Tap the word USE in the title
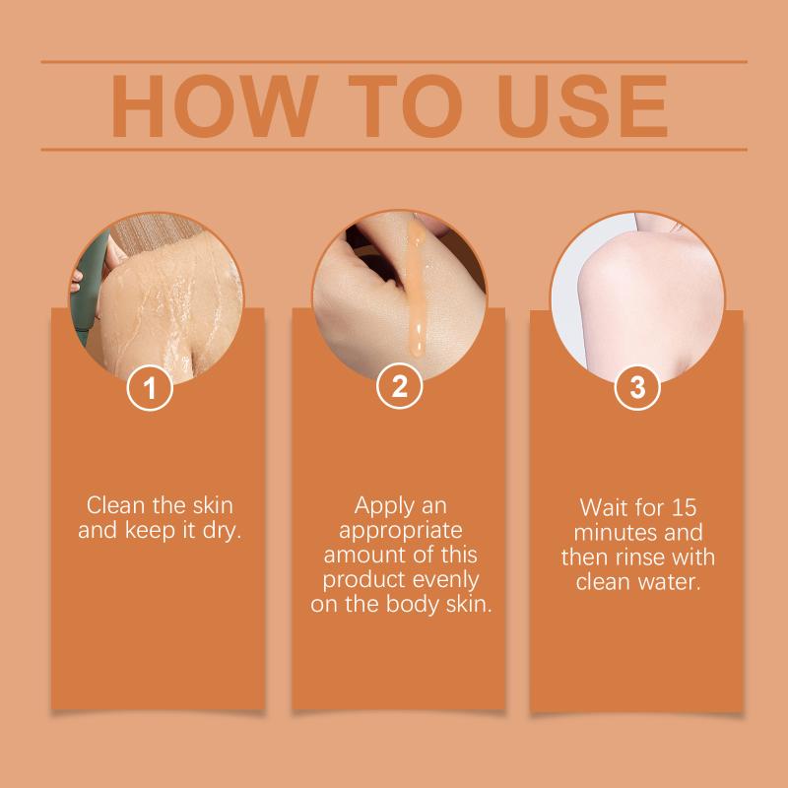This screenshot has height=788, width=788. pos(582,106)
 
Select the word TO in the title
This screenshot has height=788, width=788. pos(405,106)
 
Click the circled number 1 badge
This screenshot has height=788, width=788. pos(150,388)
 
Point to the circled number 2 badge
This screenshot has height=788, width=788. pos(400,386)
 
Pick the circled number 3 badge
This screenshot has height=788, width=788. pos(637,387)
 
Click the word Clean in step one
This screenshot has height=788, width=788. pos(115,505)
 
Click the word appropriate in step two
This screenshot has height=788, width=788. pos(400,531)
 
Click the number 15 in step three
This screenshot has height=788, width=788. pos(684,507)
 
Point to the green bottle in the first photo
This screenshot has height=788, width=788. pos(89,287)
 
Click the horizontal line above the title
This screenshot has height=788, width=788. pos(394,62)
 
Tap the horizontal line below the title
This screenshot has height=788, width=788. pos(394,150)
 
